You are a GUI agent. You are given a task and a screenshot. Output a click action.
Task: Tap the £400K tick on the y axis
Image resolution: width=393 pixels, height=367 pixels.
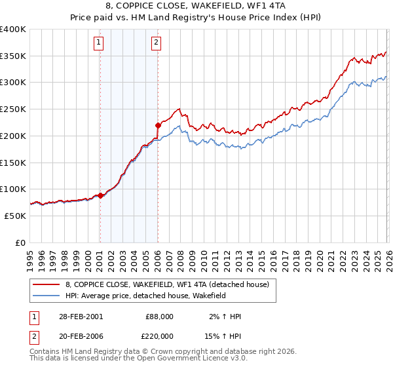pyautogui.click(x=13, y=29)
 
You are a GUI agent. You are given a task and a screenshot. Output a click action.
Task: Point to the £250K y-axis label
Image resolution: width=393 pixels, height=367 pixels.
pyautogui.click(x=13, y=109)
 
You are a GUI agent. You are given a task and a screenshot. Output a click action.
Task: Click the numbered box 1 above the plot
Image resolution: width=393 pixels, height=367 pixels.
pyautogui.click(x=99, y=43)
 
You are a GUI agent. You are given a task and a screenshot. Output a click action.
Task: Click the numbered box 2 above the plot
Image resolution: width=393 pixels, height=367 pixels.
pyautogui.click(x=157, y=43)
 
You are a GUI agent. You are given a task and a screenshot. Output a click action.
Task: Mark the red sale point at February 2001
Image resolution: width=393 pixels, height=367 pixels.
pyautogui.click(x=100, y=195)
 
